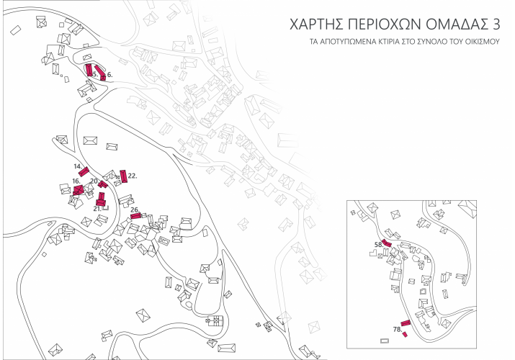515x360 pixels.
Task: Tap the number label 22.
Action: point(133,175)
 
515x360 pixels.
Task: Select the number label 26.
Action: point(134,210)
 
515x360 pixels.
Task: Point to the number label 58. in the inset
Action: point(378,245)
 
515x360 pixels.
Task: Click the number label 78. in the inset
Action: point(397,328)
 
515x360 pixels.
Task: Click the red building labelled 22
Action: point(123,175)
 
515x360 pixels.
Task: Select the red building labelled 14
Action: point(84,172)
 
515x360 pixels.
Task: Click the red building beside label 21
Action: point(101,202)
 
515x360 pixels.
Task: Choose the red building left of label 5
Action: point(89,71)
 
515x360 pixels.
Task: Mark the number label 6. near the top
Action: point(109,74)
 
